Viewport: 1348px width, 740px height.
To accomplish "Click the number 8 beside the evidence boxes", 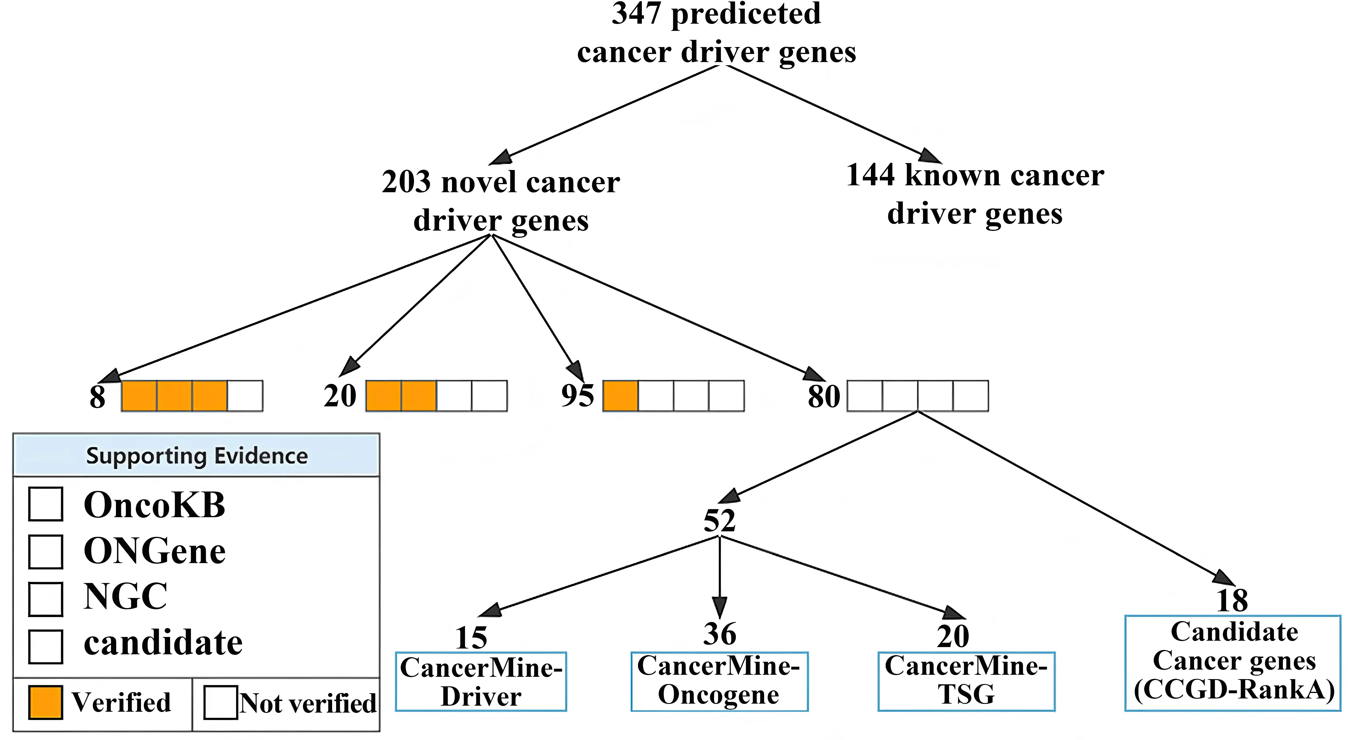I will click(x=97, y=397).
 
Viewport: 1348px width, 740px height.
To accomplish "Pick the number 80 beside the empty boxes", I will click(x=824, y=396).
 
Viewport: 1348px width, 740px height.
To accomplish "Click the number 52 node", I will click(x=720, y=521).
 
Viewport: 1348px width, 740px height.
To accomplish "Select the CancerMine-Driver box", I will click(x=481, y=681).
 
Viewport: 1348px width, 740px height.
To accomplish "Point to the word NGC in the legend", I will click(x=126, y=597).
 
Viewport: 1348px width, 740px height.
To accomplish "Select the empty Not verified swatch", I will click(x=220, y=702).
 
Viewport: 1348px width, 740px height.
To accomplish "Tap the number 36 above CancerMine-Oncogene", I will click(x=720, y=634).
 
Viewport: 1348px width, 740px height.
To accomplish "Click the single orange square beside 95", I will click(x=620, y=396).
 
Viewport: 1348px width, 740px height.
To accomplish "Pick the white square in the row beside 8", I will click(x=245, y=396).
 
